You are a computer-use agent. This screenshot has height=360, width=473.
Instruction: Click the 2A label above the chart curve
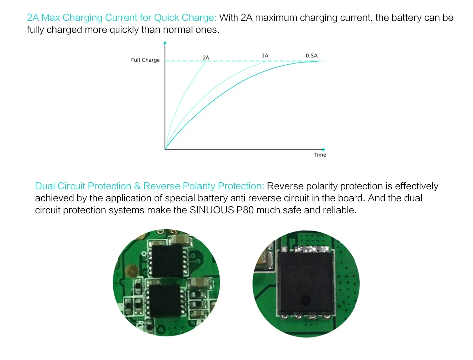tap(206, 57)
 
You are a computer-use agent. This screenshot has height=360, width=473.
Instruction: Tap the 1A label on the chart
tap(265, 55)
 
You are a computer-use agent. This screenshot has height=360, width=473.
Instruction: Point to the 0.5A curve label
tap(311, 55)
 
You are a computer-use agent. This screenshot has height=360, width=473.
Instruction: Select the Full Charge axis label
tap(145, 60)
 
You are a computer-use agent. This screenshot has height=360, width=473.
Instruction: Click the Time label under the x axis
tap(320, 155)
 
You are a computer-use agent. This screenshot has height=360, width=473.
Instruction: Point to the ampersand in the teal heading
tap(137, 186)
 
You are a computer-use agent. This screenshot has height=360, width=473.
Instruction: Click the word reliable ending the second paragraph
tap(340, 210)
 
